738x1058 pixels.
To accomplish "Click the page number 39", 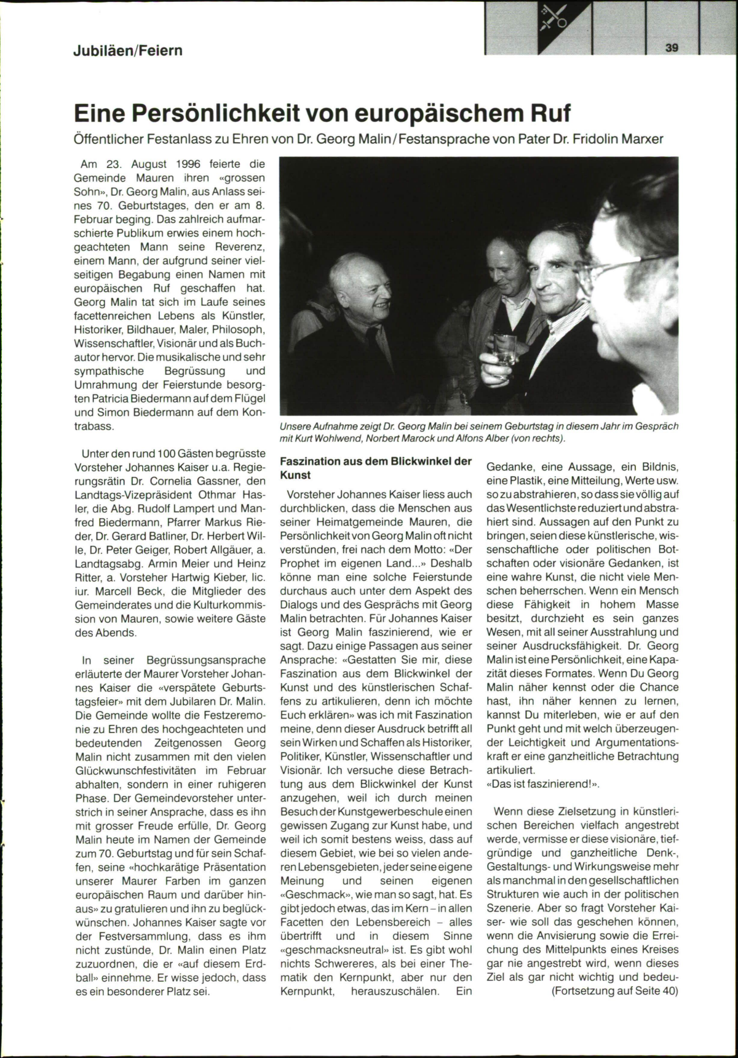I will pyautogui.click(x=671, y=47).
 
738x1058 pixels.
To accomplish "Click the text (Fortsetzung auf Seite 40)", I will pyautogui.click(x=614, y=991).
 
